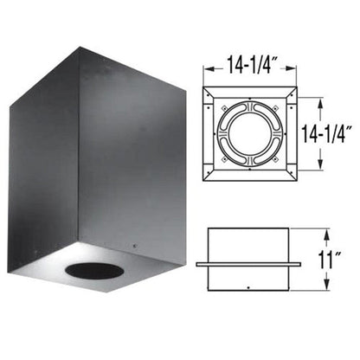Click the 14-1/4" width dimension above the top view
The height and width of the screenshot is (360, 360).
[249, 62]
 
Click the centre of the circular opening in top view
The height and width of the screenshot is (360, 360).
[249, 136]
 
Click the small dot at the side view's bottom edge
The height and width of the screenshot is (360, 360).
[249, 287]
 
